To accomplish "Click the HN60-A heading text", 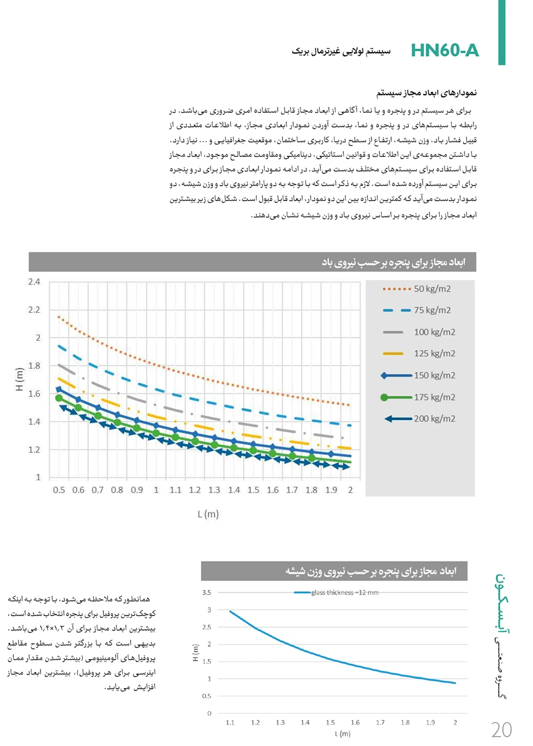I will [x=445, y=50].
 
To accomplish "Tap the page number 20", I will [x=501, y=729].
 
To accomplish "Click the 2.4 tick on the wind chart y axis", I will [x=34, y=282].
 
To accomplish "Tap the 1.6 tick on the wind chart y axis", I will [x=34, y=394].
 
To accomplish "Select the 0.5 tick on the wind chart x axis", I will [x=59, y=490].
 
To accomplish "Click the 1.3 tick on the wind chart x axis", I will [x=214, y=490].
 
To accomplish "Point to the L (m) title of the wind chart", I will [x=208, y=514].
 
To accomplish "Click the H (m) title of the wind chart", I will [x=20, y=379].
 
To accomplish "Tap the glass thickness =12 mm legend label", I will [x=345, y=592].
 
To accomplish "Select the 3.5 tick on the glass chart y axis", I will [x=206, y=592].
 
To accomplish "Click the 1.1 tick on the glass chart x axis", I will [x=230, y=723].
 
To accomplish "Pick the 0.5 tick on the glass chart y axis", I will [x=206, y=696].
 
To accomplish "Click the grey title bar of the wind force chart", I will [x=252, y=262].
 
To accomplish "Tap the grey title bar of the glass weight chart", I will [x=334, y=571].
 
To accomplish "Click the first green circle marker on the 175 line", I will [x=59, y=398].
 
